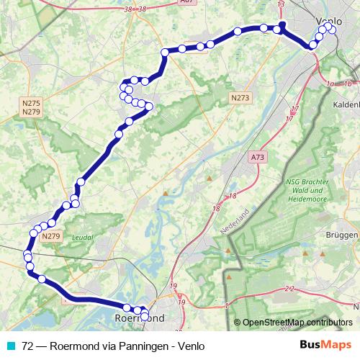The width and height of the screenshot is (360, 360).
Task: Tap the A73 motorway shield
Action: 258,156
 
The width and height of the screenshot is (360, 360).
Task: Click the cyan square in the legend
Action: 10,345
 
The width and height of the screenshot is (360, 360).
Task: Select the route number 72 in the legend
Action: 28,345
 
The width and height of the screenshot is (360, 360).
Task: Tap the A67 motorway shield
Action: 187,3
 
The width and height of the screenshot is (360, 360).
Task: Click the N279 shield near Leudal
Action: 51,236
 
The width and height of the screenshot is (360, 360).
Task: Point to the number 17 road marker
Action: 294,109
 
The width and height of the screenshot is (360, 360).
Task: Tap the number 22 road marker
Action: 289,289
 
